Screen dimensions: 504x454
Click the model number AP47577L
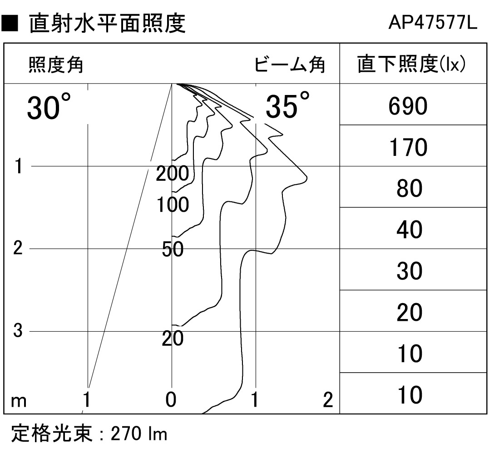click(433, 23)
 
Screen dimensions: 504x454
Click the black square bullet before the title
click(10, 23)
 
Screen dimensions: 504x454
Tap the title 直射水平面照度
click(107, 23)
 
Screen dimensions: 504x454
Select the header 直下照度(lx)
click(411, 64)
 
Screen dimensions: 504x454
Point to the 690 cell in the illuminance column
click(408, 106)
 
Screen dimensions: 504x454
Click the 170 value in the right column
click(408, 147)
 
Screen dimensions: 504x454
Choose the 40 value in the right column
click(409, 229)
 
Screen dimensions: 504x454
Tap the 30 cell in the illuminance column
click(409, 270)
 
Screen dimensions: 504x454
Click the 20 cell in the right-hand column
click(409, 312)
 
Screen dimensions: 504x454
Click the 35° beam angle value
click(288, 105)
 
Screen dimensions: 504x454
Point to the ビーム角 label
click(290, 65)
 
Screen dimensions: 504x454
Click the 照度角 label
click(56, 65)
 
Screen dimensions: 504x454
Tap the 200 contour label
click(173, 174)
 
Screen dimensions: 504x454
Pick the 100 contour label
click(173, 205)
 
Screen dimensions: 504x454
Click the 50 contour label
click(173, 249)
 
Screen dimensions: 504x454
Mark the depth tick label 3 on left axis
click(18, 330)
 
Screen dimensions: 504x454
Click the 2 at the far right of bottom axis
click(328, 400)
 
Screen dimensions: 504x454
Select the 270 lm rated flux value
click(139, 434)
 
